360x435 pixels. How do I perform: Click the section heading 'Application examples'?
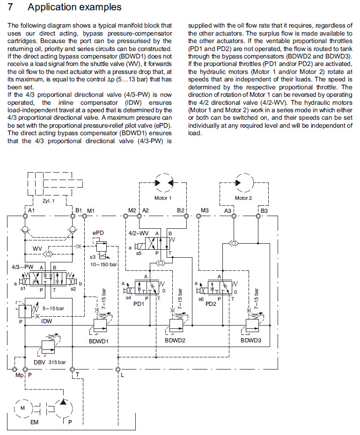pos(74,7)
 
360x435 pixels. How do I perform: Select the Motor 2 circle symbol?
pos(243,182)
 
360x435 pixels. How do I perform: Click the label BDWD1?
pos(99,341)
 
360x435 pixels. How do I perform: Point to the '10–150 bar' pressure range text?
pos(103,264)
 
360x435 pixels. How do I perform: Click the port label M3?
pos(205,211)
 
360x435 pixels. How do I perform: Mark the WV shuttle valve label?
pos(38,248)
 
